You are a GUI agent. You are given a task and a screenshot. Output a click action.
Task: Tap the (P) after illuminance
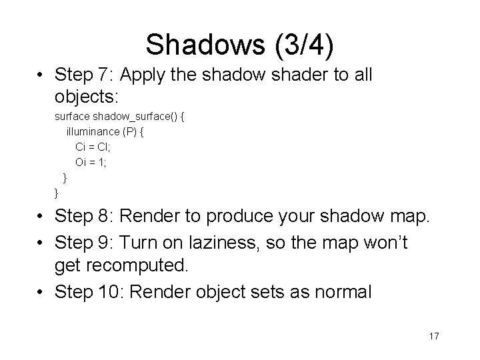(130, 131)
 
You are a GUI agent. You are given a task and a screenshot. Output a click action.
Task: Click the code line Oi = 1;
(93, 162)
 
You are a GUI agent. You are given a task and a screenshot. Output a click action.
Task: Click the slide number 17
(434, 336)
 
